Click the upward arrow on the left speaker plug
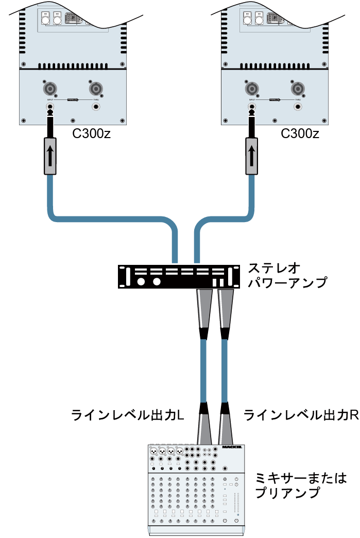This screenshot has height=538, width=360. click(50, 155)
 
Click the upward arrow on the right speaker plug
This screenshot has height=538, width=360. click(252, 155)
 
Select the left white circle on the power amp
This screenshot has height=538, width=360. click(141, 282)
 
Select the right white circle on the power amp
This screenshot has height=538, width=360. click(157, 282)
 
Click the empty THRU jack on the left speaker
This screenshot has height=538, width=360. click(96, 107)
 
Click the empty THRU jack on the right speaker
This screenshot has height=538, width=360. click(298, 107)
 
